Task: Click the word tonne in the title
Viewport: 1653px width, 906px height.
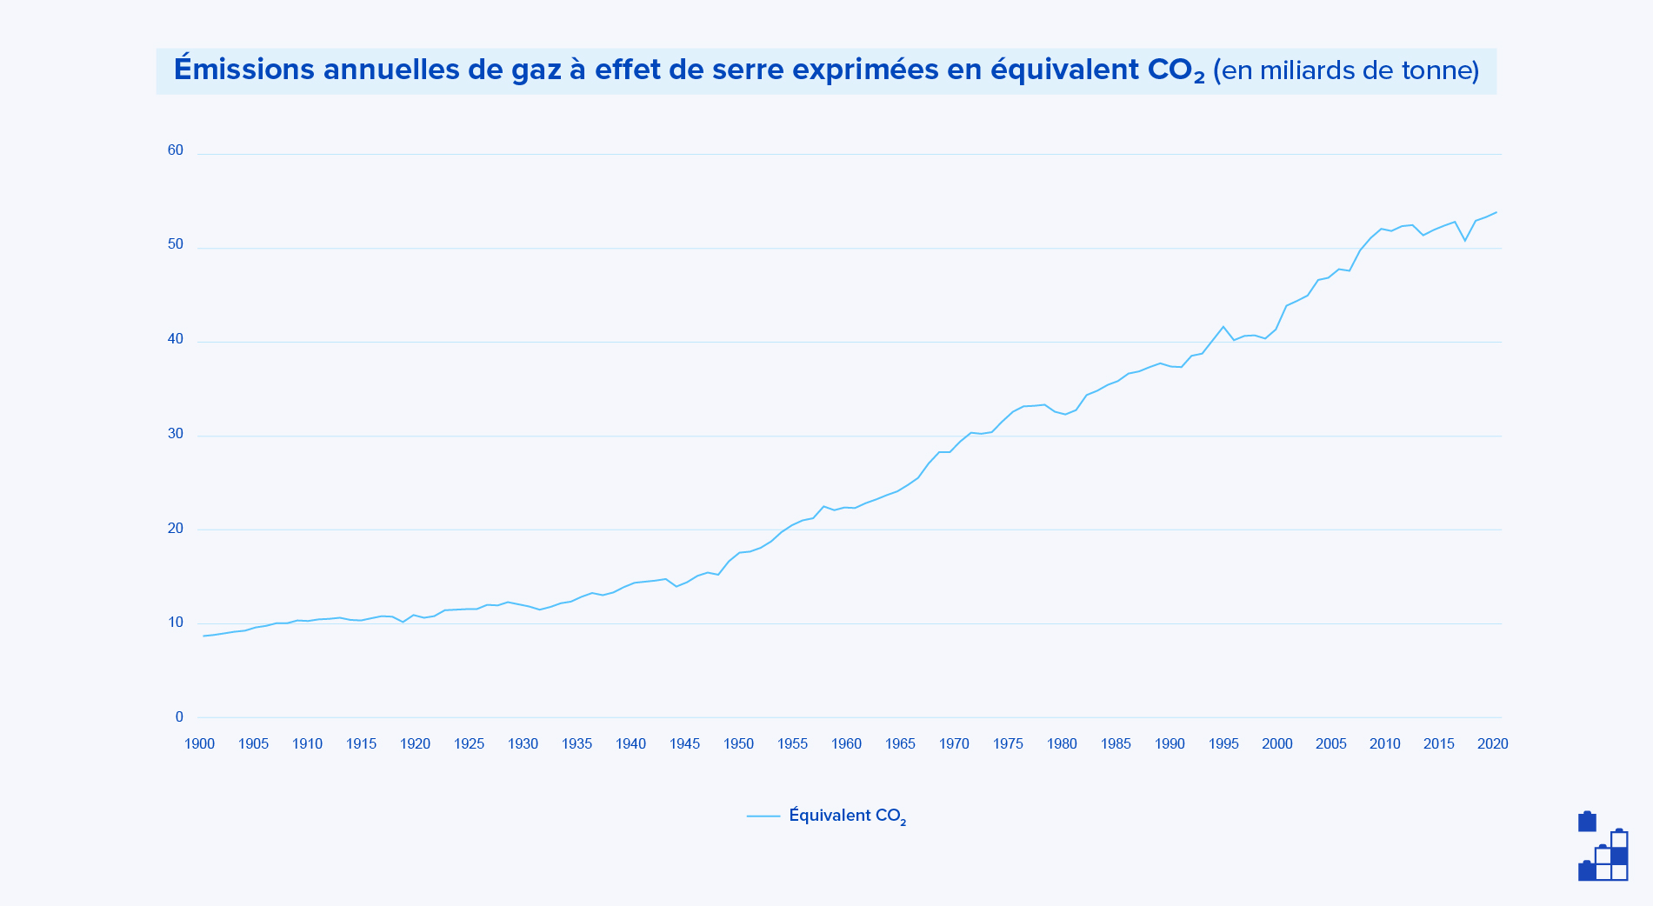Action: pyautogui.click(x=1436, y=70)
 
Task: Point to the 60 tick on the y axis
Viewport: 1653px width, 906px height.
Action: pyautogui.click(x=176, y=150)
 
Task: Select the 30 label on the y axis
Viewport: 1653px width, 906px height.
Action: pyautogui.click(x=176, y=434)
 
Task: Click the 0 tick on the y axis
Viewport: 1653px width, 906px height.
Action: pyautogui.click(x=179, y=717)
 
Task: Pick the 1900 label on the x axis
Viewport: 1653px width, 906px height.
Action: pyautogui.click(x=199, y=744)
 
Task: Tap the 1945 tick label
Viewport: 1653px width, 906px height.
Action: pyautogui.click(x=684, y=744)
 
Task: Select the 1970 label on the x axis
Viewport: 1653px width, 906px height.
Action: pyautogui.click(x=954, y=744)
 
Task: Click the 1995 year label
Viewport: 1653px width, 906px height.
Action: pyautogui.click(x=1223, y=744)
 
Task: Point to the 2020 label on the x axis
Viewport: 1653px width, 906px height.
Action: pyautogui.click(x=1492, y=744)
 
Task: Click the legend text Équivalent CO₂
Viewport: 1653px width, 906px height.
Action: pyautogui.click(x=847, y=816)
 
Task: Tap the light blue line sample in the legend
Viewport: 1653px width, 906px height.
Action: pyautogui.click(x=763, y=816)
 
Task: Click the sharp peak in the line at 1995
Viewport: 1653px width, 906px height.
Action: pyautogui.click(x=1223, y=327)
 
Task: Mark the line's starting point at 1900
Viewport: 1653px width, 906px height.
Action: pyautogui.click(x=203, y=636)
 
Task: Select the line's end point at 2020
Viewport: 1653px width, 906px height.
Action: pyautogui.click(x=1496, y=212)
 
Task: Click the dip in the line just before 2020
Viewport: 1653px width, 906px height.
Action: pyautogui.click(x=1465, y=240)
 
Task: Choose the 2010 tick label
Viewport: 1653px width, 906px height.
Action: pyautogui.click(x=1385, y=744)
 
